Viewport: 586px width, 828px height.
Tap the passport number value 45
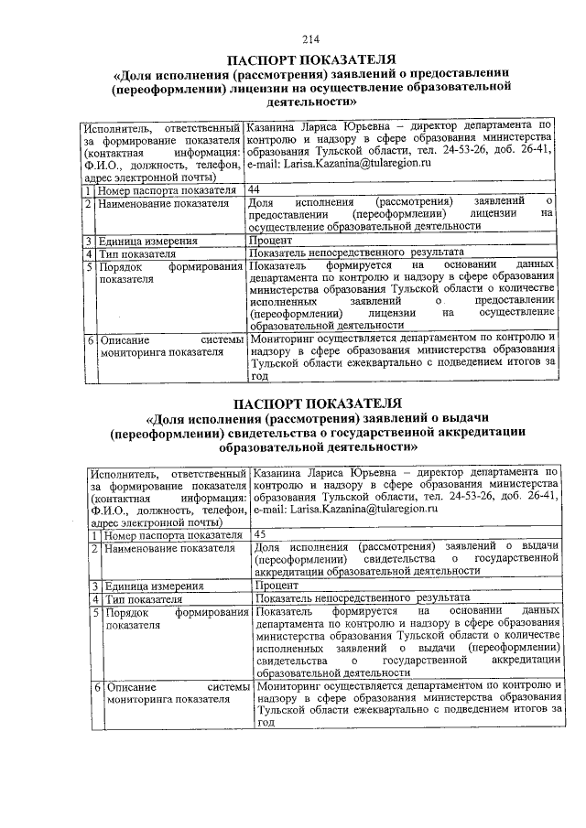260,533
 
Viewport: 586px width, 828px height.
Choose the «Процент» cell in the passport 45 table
277,585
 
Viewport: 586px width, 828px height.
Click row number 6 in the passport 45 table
96,686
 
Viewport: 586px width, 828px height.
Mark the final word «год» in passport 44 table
259,375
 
